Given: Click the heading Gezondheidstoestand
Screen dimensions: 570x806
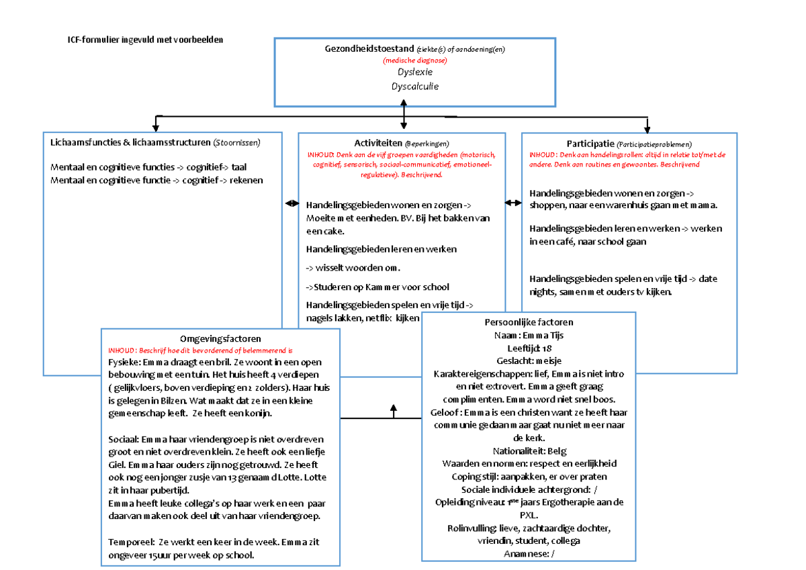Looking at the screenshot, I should (369, 49).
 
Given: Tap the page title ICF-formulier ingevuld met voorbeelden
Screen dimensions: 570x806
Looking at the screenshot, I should (145, 40).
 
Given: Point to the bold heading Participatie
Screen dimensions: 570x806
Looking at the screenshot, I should (590, 143).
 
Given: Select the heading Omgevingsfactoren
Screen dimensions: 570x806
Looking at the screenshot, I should (220, 339).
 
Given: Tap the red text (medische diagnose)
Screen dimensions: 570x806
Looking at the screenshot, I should (414, 60).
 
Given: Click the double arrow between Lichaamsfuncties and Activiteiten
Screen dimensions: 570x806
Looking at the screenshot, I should (292, 203).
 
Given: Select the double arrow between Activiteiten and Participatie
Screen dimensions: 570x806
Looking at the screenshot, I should (513, 203).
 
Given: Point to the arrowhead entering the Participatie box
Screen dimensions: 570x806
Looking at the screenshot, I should (647, 128).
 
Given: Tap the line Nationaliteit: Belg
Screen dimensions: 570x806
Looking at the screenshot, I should (529, 451).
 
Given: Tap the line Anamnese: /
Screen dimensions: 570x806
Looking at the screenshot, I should (529, 553).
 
